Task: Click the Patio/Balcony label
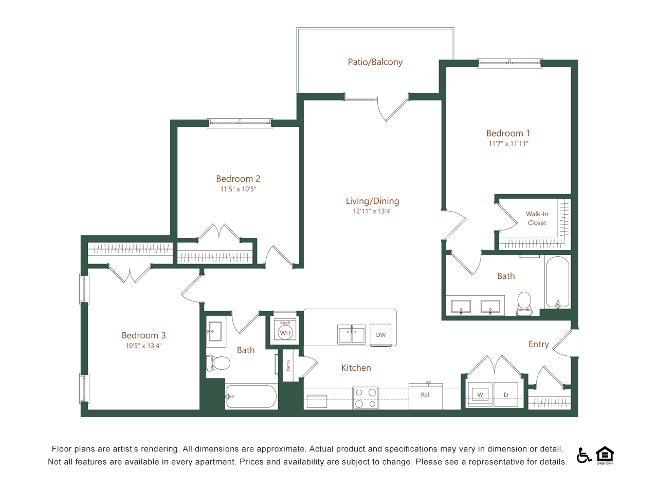(x=375, y=62)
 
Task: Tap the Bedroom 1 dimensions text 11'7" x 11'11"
(x=508, y=144)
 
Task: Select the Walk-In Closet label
(x=537, y=218)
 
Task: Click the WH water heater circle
(x=285, y=333)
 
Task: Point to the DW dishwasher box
(x=380, y=335)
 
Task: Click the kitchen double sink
(x=351, y=334)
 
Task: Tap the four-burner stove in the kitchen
(x=365, y=398)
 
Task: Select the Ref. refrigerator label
(x=425, y=395)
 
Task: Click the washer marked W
(x=480, y=395)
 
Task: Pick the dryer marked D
(x=506, y=395)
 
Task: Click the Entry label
(x=538, y=344)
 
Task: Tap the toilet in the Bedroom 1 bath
(x=524, y=304)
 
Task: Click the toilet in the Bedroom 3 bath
(x=218, y=363)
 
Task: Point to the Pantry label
(x=288, y=365)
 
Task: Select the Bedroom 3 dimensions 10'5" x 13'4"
(x=143, y=346)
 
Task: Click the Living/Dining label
(x=372, y=201)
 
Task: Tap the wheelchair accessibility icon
(x=583, y=455)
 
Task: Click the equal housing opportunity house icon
(x=605, y=455)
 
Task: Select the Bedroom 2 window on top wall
(x=240, y=123)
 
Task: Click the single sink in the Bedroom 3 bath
(x=215, y=332)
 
